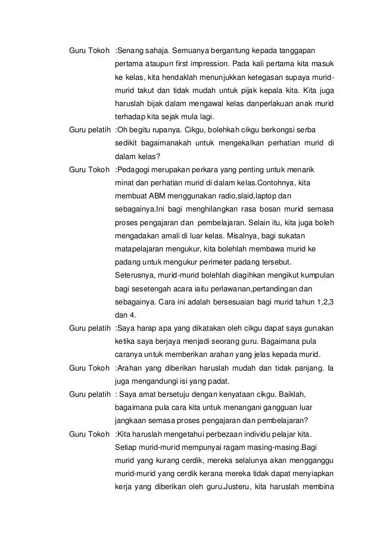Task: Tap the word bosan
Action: [x=264, y=210]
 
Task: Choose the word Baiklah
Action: [x=294, y=395]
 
